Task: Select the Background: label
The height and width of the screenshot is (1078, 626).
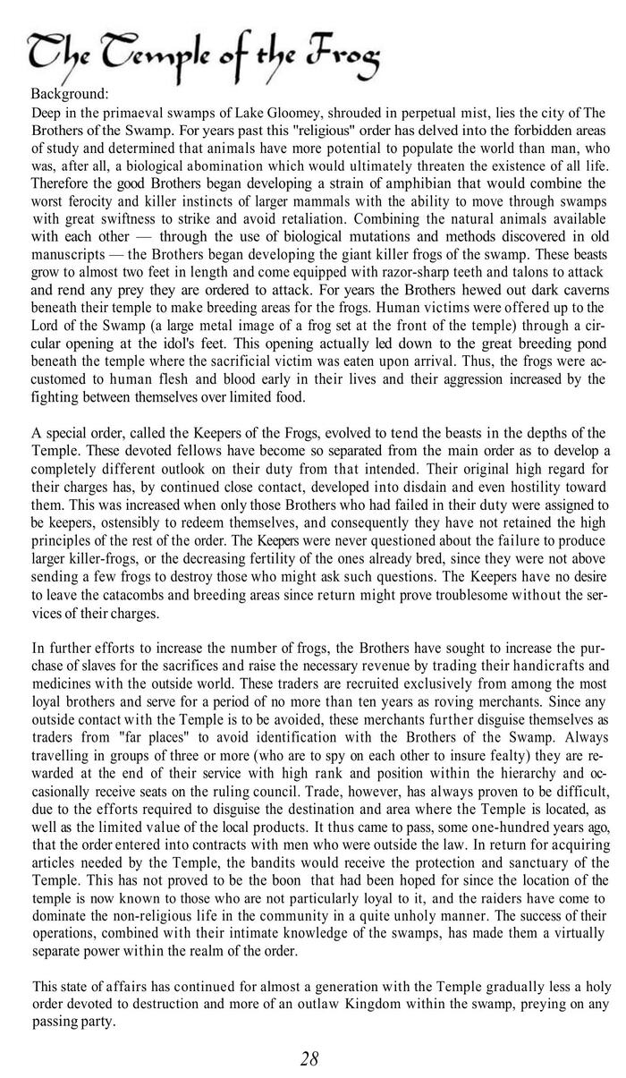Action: (x=70, y=94)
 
